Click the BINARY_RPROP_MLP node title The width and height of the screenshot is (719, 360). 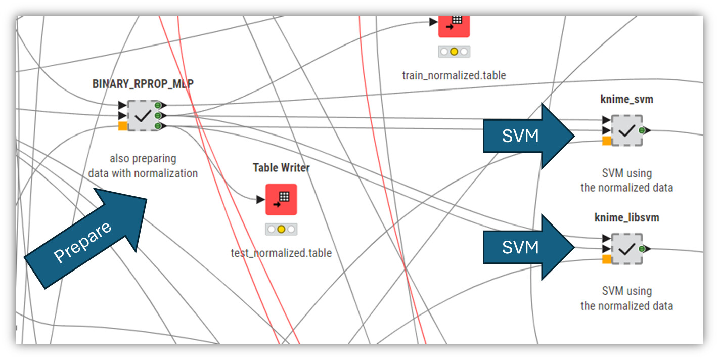click(143, 84)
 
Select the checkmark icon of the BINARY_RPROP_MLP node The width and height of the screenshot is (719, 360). click(144, 116)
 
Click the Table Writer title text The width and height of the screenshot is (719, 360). click(281, 168)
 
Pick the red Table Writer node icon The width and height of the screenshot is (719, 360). click(281, 199)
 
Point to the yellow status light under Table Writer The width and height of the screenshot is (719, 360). click(281, 229)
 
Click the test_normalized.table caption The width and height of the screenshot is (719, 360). click(281, 253)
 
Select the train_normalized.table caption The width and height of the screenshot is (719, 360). click(454, 75)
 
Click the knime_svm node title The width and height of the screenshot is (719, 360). click(626, 99)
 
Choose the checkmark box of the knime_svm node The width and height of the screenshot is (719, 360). click(627, 130)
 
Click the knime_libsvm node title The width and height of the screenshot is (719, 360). click(626, 218)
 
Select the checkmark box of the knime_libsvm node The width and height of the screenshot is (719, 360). click(627, 249)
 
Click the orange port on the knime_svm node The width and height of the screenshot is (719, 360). click(607, 141)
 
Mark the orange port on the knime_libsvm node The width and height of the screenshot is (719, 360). click(607, 259)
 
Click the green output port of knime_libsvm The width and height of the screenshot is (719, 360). click(642, 249)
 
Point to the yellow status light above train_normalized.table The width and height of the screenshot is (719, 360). click(454, 52)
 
